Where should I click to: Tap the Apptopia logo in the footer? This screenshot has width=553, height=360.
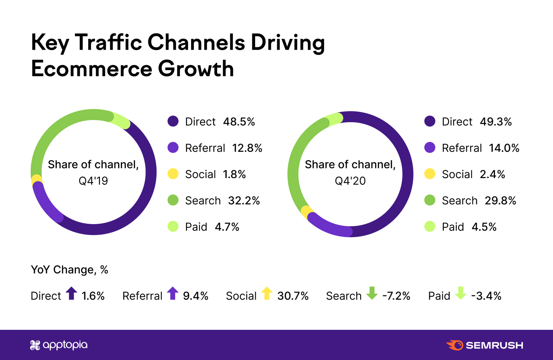(59, 345)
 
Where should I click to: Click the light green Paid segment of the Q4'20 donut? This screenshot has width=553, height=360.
(334, 119)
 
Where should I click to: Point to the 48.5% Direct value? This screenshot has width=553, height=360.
(239, 122)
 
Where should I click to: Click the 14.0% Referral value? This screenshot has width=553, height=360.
(504, 148)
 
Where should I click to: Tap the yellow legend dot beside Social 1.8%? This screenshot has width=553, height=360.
(173, 174)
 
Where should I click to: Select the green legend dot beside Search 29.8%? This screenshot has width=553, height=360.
(430, 200)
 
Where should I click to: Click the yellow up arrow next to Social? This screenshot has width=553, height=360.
(267, 293)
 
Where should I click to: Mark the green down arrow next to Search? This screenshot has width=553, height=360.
(372, 293)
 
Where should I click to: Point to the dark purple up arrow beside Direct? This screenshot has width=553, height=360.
(72, 293)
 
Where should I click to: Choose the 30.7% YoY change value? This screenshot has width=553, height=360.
(293, 296)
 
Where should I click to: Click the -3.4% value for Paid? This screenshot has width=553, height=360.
(486, 296)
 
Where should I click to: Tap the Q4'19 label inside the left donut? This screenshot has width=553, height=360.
(93, 181)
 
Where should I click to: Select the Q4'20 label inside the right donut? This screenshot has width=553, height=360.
(350, 181)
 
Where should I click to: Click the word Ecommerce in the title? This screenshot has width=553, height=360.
(92, 69)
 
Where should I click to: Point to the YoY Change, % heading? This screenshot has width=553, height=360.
(69, 270)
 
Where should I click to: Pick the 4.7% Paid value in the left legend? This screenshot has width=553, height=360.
(227, 227)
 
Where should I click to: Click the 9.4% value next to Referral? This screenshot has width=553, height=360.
(195, 296)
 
